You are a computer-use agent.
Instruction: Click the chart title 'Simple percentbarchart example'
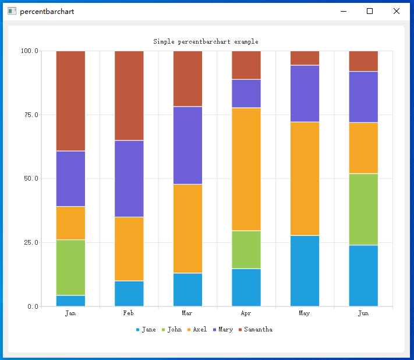(206, 42)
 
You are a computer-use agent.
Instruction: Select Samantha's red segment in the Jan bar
(70, 101)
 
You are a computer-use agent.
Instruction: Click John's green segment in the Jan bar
(70, 267)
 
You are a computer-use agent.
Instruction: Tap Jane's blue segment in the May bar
(305, 270)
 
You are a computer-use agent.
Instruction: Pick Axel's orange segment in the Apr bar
(246, 169)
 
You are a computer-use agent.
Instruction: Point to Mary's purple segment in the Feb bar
(129, 178)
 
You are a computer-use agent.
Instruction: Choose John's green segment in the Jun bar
(363, 209)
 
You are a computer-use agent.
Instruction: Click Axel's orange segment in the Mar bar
(187, 228)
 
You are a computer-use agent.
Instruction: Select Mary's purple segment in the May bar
(305, 93)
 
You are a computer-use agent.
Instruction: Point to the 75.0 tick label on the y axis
(30, 115)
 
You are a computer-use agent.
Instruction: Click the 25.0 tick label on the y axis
(30, 242)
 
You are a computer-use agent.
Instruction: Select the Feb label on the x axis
(129, 313)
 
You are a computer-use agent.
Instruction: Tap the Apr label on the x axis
(246, 313)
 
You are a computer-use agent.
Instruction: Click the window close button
(397, 11)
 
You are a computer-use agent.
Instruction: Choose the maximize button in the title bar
(370, 11)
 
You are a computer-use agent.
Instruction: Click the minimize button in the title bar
(344, 11)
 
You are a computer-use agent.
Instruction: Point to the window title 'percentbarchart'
(47, 12)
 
